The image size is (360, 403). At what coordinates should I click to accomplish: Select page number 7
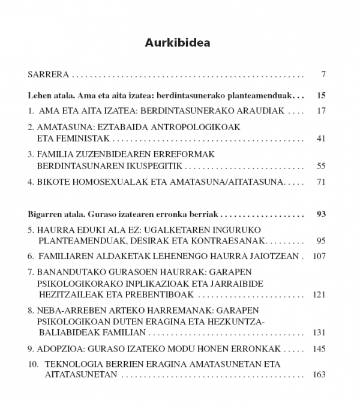(323, 76)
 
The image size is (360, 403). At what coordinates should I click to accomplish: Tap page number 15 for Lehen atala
(320, 95)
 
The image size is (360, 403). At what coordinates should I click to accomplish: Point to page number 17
(320, 111)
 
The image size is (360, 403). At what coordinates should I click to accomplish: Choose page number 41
(320, 139)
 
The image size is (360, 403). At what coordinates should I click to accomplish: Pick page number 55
(320, 165)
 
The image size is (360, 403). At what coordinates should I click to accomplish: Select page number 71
(320, 181)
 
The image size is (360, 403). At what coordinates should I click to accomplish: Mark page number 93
(320, 213)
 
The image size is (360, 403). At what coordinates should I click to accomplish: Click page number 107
(318, 256)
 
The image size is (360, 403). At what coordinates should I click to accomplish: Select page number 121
(318, 294)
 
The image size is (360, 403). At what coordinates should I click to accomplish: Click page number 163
(318, 375)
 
